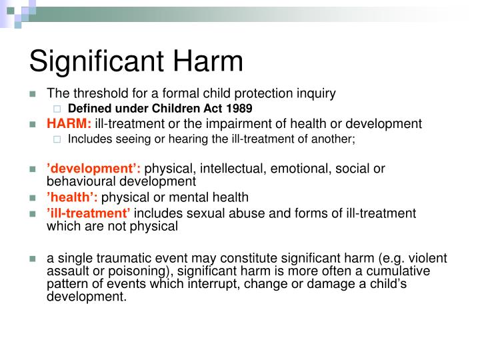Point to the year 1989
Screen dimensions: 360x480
(237, 109)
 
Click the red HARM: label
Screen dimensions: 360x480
(69, 123)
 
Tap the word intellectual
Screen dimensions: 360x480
(230, 169)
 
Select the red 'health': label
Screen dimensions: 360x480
(72, 197)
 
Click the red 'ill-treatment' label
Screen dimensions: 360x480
(89, 213)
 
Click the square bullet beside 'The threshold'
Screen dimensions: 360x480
(32, 95)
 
